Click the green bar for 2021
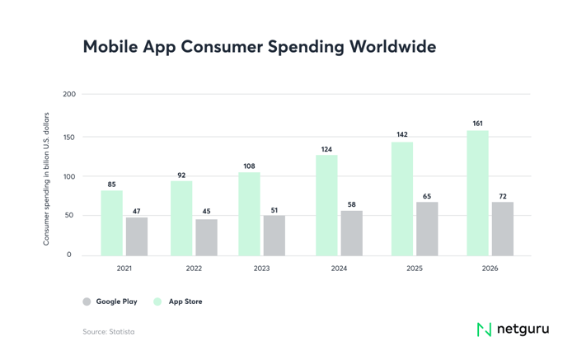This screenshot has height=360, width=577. [112, 222]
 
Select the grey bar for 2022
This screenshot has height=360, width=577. [206, 237]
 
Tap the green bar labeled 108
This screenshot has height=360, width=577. [249, 213]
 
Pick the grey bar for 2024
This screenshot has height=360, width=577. [352, 233]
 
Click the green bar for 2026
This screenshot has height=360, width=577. [478, 193]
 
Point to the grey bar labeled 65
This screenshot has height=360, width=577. [427, 229]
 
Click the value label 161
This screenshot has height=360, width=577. [478, 124]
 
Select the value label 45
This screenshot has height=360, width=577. [206, 212]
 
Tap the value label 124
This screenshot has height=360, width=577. [326, 148]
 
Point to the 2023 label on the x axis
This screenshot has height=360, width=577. [262, 268]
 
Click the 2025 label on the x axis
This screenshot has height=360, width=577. [415, 268]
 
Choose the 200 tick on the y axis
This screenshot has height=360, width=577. [69, 94]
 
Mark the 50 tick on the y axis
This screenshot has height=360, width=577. [70, 215]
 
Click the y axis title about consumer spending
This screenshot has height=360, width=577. [47, 178]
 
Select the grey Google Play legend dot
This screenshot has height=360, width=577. [87, 302]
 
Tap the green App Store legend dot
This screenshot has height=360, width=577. [158, 302]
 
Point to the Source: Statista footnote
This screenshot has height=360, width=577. [108, 332]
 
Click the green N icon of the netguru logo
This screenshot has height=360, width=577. [484, 329]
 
